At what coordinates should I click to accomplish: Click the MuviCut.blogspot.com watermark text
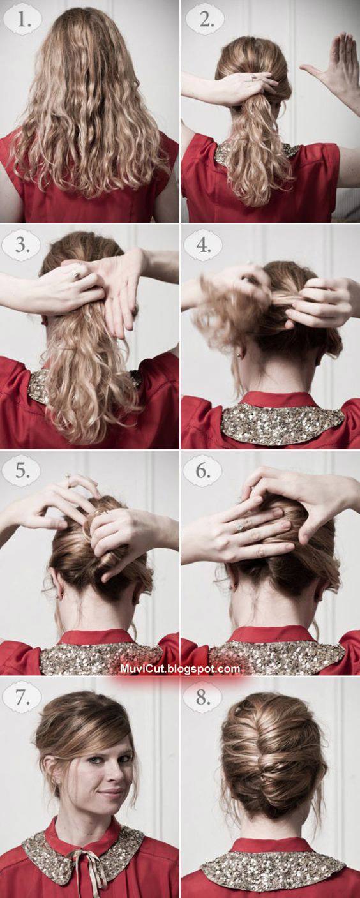(x=180, y=669)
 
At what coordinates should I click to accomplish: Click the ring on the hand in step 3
(x=76, y=274)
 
